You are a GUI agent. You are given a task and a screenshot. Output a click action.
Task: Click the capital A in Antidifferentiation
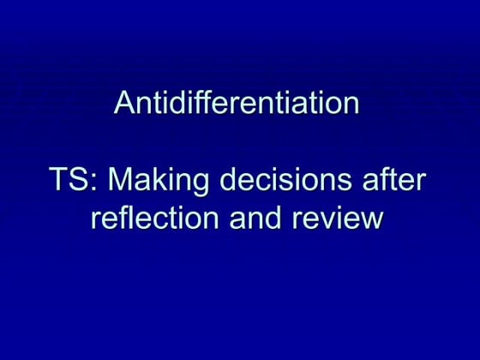(x=124, y=105)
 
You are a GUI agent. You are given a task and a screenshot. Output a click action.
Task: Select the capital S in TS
(x=77, y=182)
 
